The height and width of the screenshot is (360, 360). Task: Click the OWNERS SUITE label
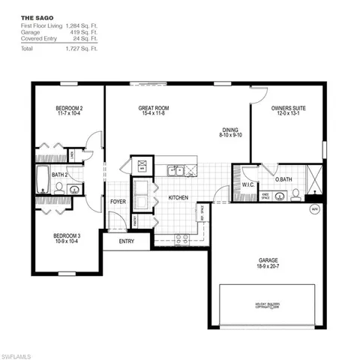pos(289,108)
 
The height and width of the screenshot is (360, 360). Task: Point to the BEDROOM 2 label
pos(69,108)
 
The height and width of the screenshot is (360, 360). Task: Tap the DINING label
pos(229,129)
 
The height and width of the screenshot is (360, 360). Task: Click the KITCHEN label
pos(178,198)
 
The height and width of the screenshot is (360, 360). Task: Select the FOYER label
pos(118,201)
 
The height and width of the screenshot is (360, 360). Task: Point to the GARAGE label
pos(268,261)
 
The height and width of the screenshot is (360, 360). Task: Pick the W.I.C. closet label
pos(248,184)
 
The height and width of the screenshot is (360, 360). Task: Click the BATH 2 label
pos(61,175)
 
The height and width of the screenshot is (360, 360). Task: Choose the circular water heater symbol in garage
pos(314,209)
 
